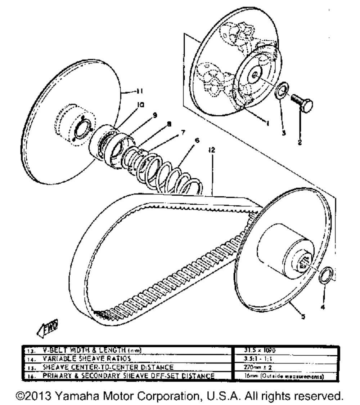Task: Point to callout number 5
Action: click(x=303, y=317)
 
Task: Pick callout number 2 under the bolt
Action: click(x=300, y=142)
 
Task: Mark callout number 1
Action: click(x=267, y=123)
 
